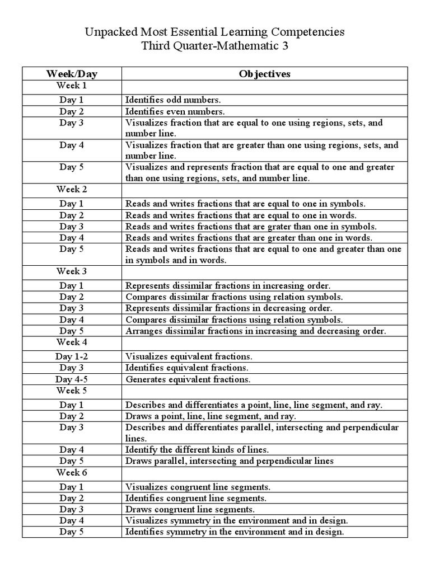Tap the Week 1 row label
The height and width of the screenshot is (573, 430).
point(72,86)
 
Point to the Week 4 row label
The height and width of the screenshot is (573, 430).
point(72,342)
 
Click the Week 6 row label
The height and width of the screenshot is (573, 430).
point(72,472)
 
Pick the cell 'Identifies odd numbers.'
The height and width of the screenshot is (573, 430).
point(173,100)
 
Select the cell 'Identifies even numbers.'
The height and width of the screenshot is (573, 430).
point(175,111)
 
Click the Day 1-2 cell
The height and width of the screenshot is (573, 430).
point(72,356)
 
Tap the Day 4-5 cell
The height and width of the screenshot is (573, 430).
point(72,379)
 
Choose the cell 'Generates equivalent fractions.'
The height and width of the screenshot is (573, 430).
point(188,379)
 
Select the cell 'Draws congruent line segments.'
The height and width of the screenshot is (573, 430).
point(190,509)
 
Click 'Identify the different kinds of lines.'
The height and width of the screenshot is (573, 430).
point(197,449)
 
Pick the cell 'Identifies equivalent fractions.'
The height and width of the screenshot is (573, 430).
point(187,368)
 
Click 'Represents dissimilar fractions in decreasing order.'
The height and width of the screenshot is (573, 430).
point(228,308)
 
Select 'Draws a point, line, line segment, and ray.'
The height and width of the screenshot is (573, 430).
point(211,416)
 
